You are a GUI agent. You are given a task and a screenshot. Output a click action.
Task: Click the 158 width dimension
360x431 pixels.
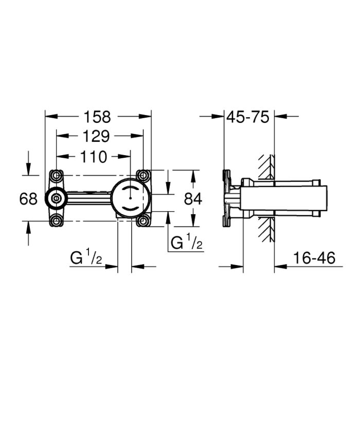pos(98,117)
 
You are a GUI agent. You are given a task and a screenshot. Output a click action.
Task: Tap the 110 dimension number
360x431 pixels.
pos(93,156)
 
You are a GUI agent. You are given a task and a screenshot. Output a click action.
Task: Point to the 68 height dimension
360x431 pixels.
pos(29,198)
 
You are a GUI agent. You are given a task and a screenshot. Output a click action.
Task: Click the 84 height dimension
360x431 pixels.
pos(193,198)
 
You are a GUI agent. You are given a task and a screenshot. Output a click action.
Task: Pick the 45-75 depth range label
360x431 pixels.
pos(249,117)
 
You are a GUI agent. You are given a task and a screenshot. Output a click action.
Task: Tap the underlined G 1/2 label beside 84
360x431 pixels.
pos(187,242)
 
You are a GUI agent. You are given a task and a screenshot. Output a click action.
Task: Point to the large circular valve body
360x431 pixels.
pos(131,198)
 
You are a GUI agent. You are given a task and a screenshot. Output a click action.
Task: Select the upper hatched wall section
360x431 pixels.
pos(267,168)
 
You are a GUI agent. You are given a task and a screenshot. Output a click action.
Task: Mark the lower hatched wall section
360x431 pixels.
pos(267,230)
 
